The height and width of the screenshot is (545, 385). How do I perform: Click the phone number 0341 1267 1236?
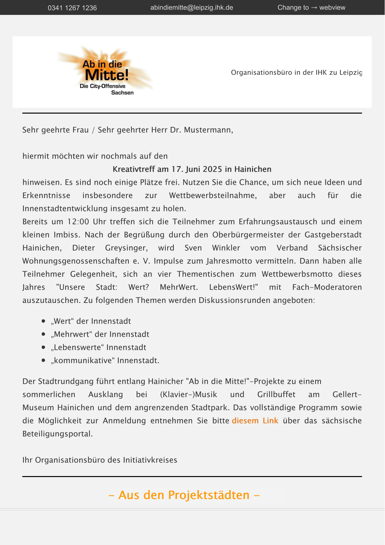coord(72,8)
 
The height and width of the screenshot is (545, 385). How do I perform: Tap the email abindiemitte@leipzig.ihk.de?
coord(192,7)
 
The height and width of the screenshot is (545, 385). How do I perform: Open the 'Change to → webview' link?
coord(311,7)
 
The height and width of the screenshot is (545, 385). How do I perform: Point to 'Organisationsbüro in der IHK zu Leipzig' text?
coord(296,72)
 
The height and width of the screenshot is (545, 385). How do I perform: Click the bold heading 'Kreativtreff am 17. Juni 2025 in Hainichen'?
coord(192,169)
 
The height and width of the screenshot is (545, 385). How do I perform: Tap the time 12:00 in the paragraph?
coord(78,222)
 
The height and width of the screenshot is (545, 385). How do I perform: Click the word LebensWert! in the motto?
coord(233,287)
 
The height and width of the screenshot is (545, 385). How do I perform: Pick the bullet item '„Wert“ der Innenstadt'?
coord(91,321)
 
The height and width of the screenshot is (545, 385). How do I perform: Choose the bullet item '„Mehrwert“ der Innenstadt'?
coord(100,334)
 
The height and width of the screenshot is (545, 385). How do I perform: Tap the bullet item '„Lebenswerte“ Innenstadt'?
coord(98,348)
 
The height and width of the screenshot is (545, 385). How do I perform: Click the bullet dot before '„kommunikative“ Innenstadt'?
coord(43,360)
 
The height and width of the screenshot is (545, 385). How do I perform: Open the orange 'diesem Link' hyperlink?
coord(255,421)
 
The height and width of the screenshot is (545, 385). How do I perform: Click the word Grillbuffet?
coord(276,395)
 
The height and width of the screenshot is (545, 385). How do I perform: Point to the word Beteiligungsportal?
coord(57,434)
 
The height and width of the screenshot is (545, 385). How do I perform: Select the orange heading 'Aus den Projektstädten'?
coord(184,495)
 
